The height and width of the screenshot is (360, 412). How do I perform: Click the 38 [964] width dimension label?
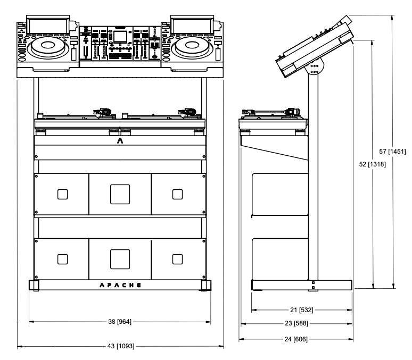[x=120, y=322]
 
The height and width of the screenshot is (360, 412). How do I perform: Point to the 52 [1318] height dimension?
[x=373, y=164]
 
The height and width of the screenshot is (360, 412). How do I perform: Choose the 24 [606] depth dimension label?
[x=295, y=339]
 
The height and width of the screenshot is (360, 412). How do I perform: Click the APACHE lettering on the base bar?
[x=120, y=285]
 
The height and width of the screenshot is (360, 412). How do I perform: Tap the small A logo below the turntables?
[x=120, y=141]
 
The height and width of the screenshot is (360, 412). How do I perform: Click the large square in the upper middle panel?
[x=120, y=194]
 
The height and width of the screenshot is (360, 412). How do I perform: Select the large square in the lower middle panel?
[x=120, y=259]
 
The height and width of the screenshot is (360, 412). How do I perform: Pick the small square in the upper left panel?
[x=63, y=194]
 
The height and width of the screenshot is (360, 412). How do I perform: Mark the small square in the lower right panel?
[x=177, y=259]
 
